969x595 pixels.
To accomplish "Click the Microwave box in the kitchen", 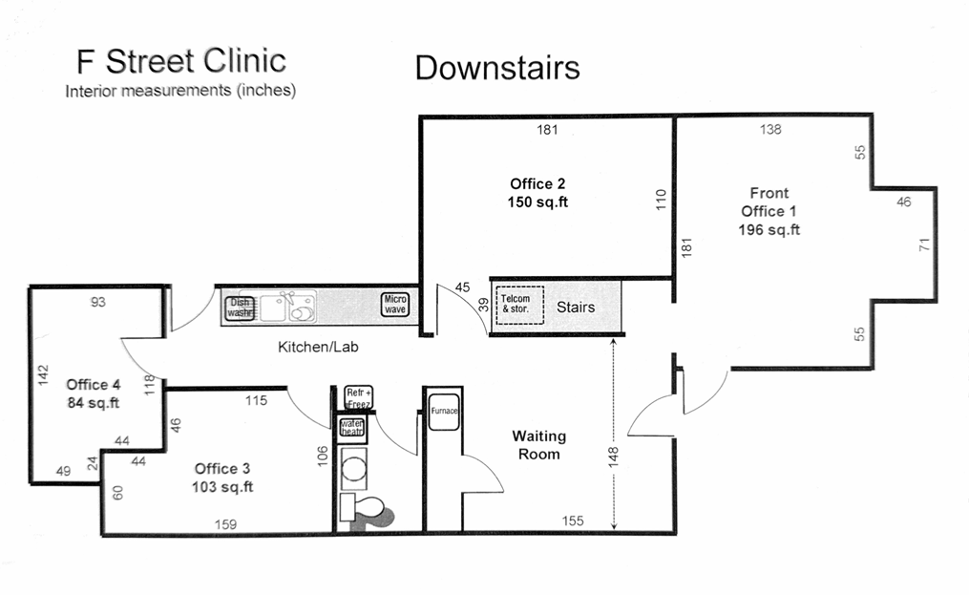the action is [395, 304].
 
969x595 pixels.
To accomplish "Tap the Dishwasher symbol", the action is [240, 308].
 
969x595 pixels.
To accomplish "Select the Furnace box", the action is [444, 412].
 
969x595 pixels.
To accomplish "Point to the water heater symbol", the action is [352, 428].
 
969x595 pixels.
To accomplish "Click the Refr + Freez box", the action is [359, 397].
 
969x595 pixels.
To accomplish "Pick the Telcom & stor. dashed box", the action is [519, 305].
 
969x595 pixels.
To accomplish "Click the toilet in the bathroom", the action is [364, 510].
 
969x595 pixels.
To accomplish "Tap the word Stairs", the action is [576, 307].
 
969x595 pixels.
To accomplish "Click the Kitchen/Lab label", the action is [318, 347].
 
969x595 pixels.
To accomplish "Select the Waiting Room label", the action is [538, 445].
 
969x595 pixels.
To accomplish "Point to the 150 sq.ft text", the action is [537, 202].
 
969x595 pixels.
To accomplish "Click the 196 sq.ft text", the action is [769, 229].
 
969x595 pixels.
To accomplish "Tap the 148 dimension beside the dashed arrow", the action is [613, 457].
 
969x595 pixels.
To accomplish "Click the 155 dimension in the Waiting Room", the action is [573, 521].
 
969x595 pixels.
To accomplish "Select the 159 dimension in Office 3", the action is [225, 524].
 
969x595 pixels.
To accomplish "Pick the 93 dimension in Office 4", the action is [97, 302].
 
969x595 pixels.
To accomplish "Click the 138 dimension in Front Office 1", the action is [770, 129].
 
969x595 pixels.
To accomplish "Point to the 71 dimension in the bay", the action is [924, 244].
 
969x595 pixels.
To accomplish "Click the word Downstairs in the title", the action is [497, 68].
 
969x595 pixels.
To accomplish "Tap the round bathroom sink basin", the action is [354, 466].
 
